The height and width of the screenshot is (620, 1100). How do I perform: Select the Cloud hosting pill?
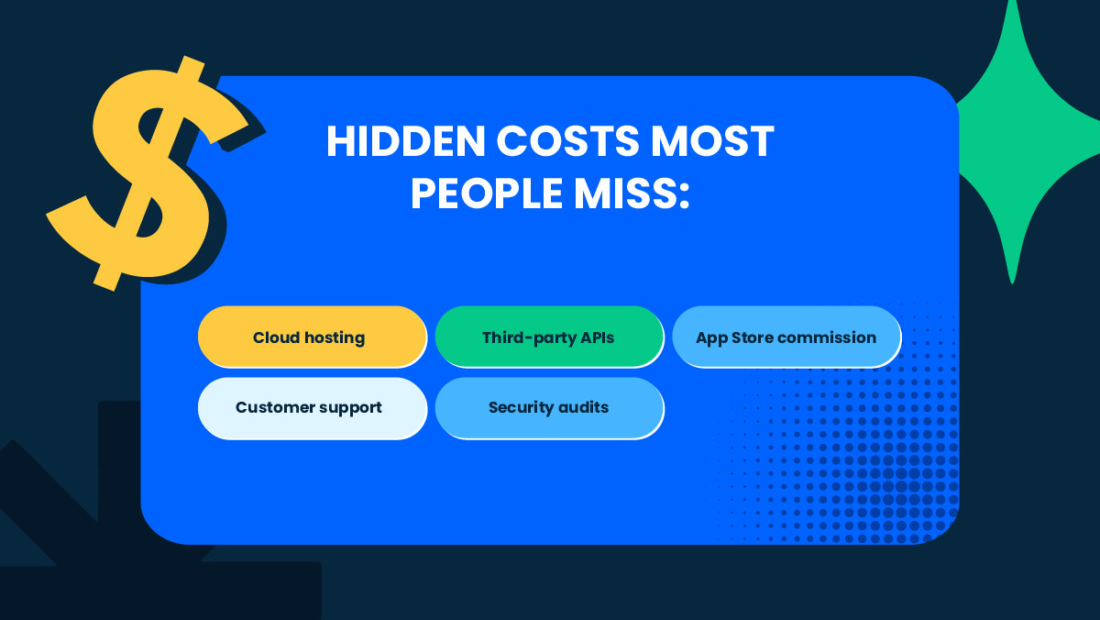pos(312,338)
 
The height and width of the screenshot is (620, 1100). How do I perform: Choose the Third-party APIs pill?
pos(548,338)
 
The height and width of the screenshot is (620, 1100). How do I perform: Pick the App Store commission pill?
pos(786,338)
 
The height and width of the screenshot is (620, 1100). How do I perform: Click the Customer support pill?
pos(312,407)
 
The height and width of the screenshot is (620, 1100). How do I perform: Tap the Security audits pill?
pos(548,407)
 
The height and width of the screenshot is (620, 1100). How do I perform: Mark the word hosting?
pos(335,338)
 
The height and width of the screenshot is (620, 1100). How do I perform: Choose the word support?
pos(350,407)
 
